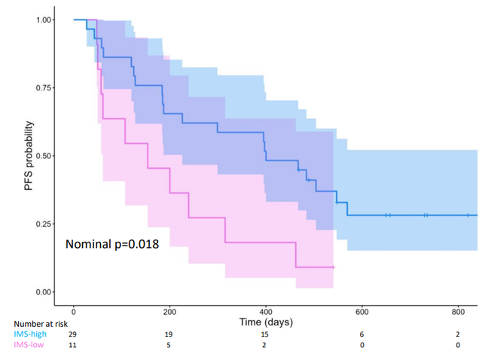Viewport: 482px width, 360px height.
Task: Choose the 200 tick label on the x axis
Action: [169, 311]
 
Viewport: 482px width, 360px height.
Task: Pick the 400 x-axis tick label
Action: [266, 311]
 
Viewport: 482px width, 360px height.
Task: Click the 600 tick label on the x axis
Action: [362, 311]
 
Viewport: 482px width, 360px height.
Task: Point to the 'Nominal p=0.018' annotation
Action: [111, 245]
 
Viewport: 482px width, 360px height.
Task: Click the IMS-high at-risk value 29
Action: [73, 334]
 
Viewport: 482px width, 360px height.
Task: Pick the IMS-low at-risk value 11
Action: [73, 344]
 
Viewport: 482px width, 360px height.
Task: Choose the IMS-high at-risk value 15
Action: [266, 334]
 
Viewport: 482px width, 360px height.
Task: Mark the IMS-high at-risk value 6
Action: [362, 334]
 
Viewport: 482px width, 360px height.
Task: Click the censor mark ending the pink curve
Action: [333, 267]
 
